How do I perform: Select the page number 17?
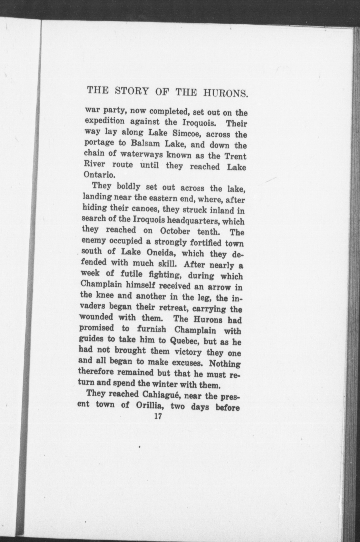[x=157, y=416]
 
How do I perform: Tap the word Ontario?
[x=99, y=175]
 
